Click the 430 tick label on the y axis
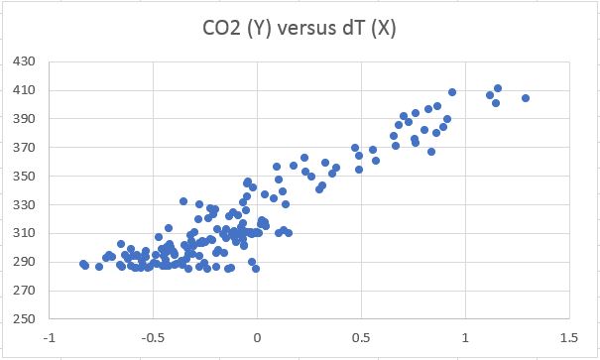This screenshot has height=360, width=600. (x=23, y=61)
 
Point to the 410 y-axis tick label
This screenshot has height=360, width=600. (x=23, y=90)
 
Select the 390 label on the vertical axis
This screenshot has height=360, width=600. (x=23, y=119)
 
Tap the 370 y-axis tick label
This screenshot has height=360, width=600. (x=23, y=148)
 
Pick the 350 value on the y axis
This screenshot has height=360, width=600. (x=23, y=177)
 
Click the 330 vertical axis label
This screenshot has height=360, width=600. (x=23, y=205)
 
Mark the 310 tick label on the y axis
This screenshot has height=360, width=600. (x=23, y=234)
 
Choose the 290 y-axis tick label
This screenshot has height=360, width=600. (x=23, y=263)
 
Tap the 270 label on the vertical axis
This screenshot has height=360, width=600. (x=23, y=292)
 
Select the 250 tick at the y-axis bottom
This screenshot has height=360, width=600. (x=23, y=320)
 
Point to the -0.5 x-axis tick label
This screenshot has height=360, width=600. (x=153, y=336)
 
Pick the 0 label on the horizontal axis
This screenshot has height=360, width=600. (x=258, y=336)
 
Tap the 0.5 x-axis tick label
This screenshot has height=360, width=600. (x=361, y=336)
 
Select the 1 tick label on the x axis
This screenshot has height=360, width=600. (x=464, y=336)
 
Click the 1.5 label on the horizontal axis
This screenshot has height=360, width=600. (x=567, y=336)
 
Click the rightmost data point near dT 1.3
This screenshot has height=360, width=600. (x=526, y=98)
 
